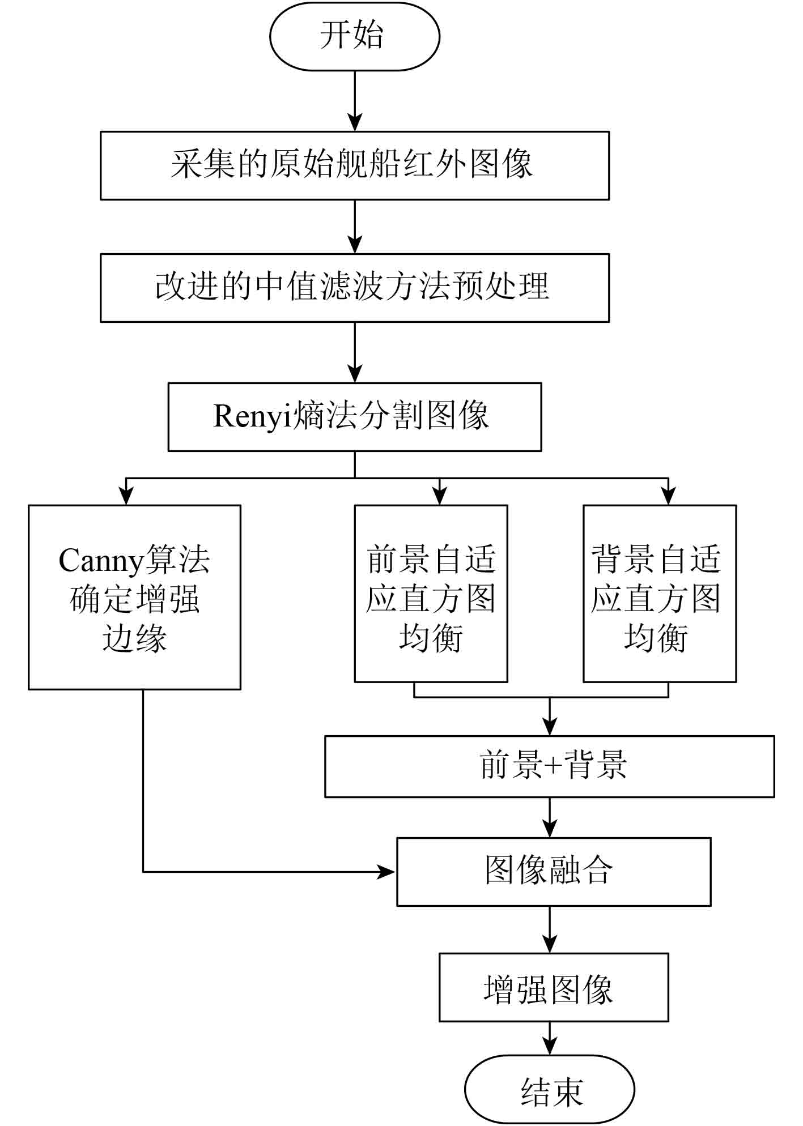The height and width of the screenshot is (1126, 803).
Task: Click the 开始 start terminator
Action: tap(354, 36)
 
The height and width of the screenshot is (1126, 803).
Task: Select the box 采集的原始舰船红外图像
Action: tap(354, 165)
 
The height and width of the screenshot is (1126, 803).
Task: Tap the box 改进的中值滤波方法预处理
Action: tap(354, 288)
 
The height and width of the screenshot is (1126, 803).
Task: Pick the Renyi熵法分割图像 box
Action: tap(354, 417)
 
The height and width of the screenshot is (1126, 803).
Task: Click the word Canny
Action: tap(101, 561)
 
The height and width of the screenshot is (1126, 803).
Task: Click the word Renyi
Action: tap(252, 416)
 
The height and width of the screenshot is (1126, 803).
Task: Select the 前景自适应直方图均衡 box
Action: tap(431, 594)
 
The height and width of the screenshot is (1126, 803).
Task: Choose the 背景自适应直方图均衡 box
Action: tap(660, 594)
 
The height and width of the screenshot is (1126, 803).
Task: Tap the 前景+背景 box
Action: tap(549, 766)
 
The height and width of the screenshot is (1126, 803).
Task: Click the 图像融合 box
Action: tap(553, 872)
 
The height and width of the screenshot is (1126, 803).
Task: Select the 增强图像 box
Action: tap(553, 988)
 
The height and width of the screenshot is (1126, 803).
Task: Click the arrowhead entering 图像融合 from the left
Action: tap(388, 872)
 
